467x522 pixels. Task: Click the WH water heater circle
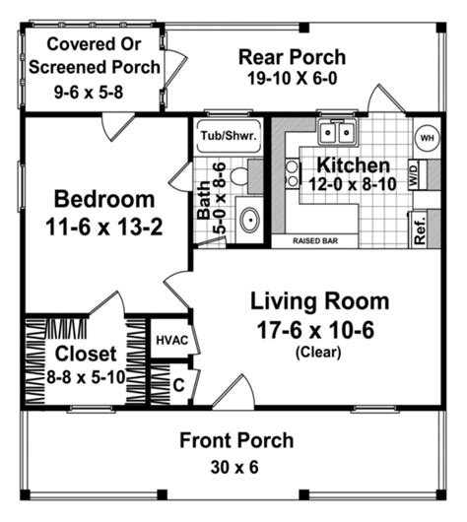427,138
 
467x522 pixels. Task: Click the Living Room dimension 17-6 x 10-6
317,329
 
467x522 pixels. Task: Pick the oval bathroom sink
250,218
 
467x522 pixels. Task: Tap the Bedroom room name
103,195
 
